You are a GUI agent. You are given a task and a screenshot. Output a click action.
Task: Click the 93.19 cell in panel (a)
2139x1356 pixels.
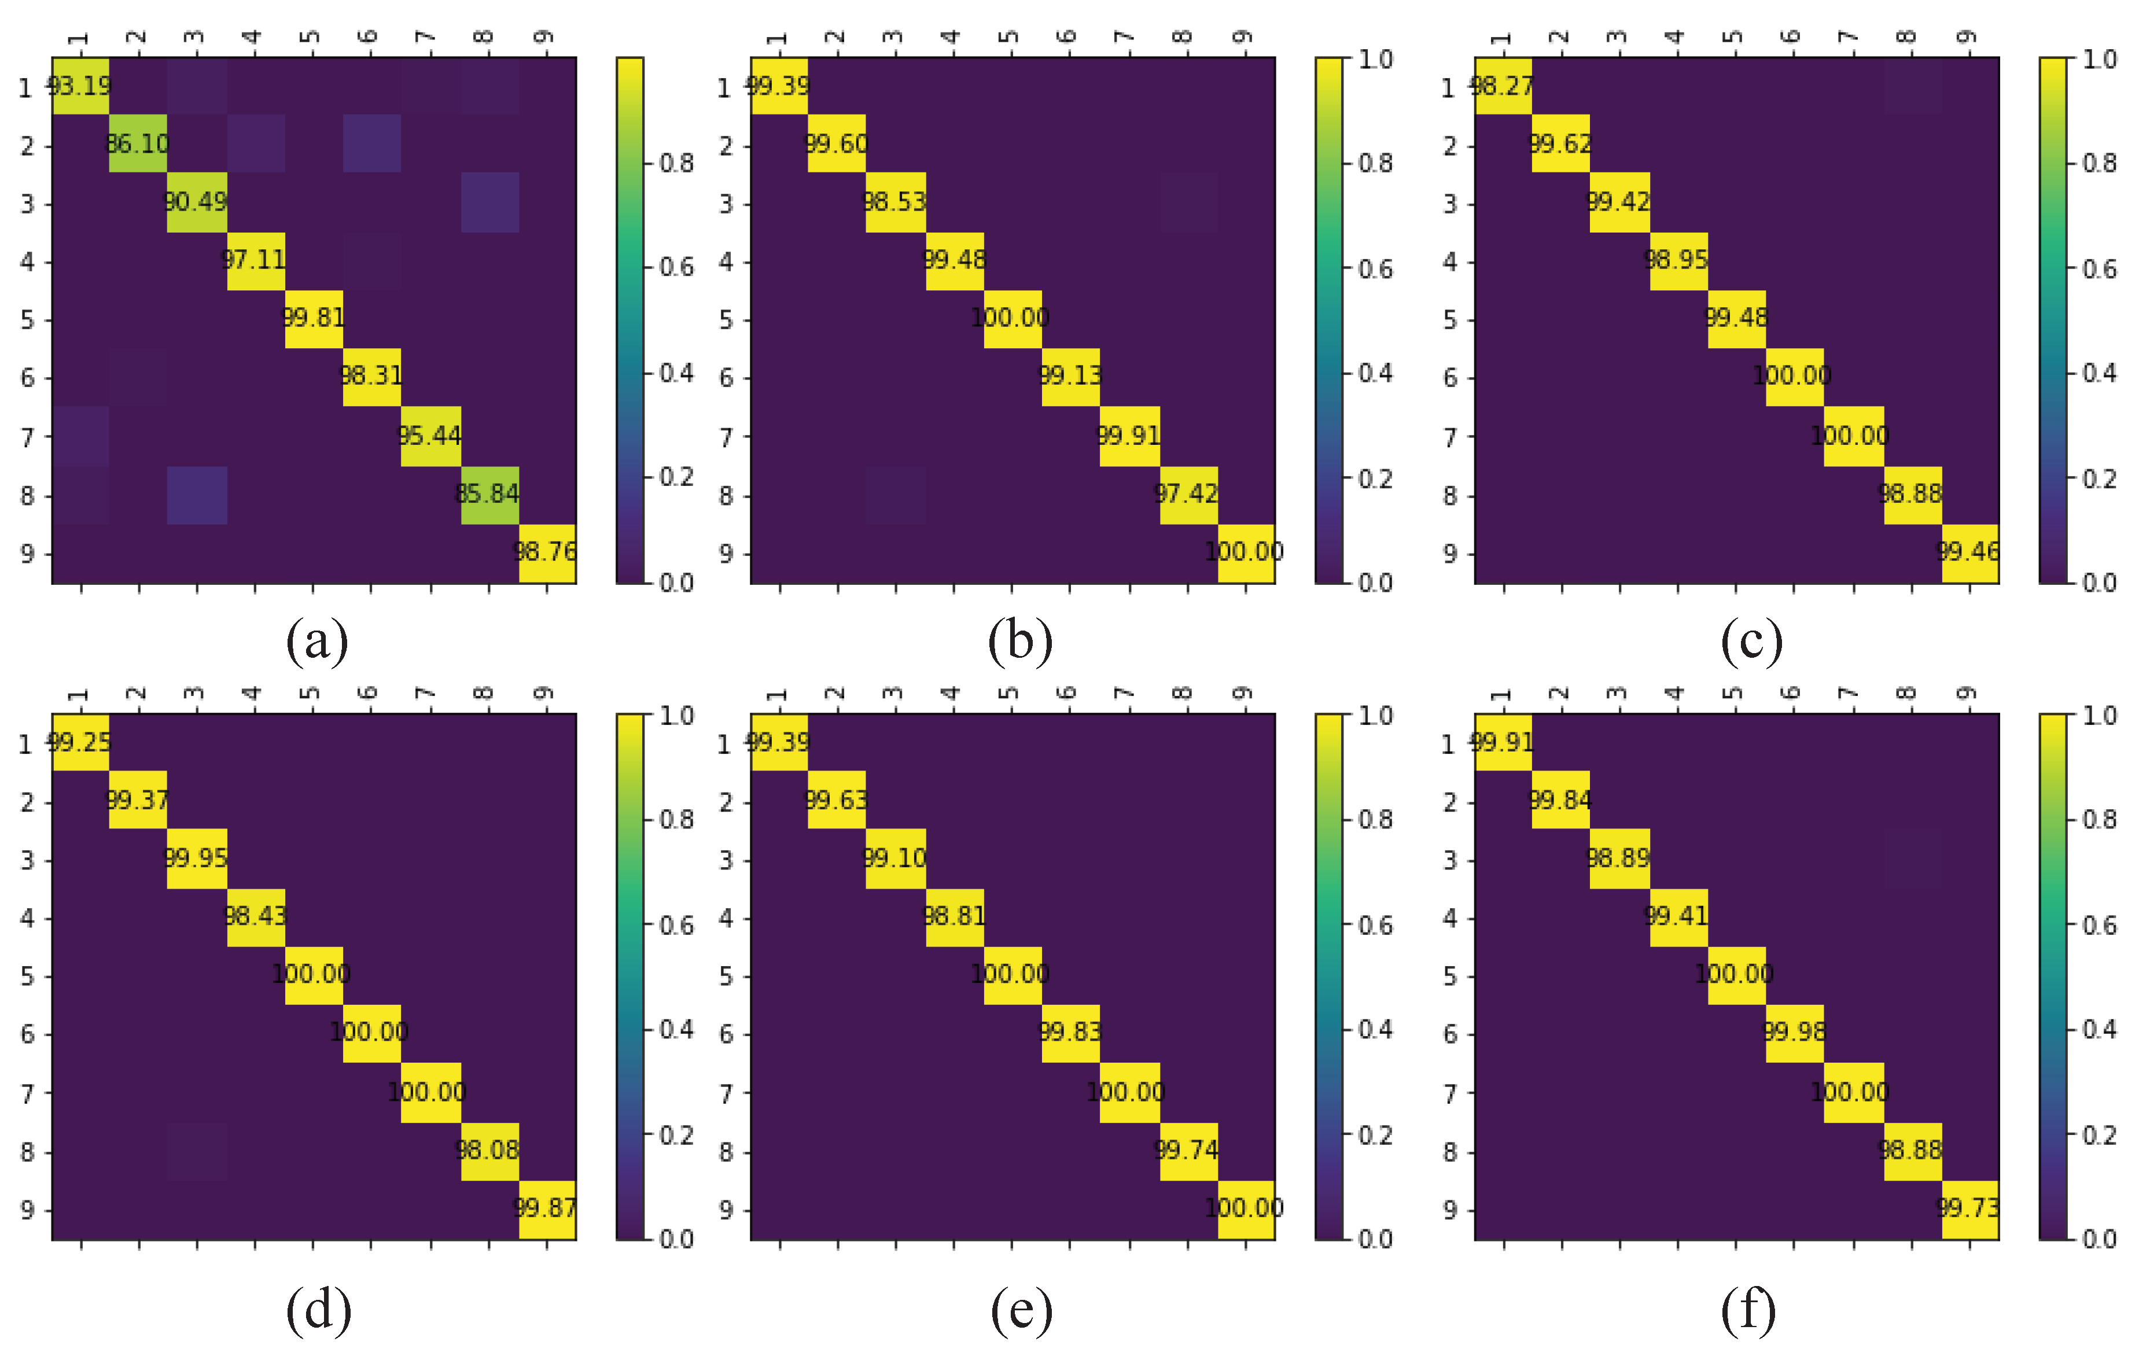click(80, 86)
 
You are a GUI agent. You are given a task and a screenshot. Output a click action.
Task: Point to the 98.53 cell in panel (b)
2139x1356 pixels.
click(896, 202)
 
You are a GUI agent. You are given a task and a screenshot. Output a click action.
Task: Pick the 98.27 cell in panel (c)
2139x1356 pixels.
click(1503, 86)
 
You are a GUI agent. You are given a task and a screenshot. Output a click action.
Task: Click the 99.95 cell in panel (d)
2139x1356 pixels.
click(196, 858)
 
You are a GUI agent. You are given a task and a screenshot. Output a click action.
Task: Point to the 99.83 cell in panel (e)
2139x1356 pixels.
click(1070, 1033)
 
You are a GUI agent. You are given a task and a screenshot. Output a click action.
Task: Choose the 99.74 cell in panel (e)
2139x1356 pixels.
click(1188, 1151)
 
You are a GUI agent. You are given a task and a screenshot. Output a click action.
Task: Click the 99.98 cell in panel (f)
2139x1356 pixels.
click(1794, 1033)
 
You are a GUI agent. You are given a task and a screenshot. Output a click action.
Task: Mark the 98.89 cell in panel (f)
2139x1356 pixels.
click(1619, 858)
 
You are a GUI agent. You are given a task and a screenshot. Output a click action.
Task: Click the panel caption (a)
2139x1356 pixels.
click(317, 640)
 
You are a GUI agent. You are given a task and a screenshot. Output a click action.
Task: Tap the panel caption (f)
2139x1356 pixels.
click(1748, 1311)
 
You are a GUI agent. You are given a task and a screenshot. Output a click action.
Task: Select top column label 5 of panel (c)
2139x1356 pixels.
click(1734, 36)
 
